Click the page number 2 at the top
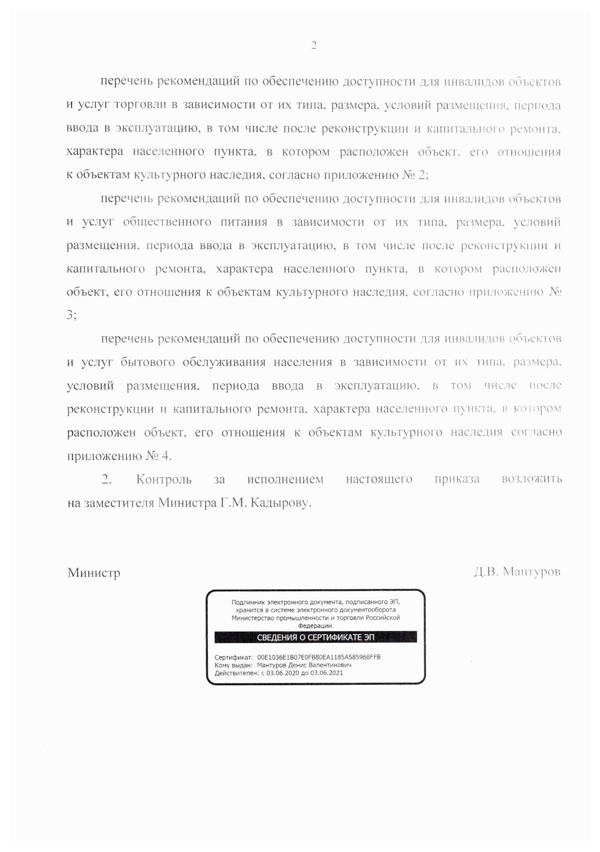(314, 46)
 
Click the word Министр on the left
(94, 573)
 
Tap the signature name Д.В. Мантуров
(517, 572)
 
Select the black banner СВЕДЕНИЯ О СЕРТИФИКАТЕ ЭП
(316, 637)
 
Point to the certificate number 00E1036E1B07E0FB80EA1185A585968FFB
(319, 657)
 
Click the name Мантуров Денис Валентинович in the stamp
(304, 665)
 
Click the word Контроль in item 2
(164, 479)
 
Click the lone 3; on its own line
(72, 315)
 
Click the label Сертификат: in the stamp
(234, 657)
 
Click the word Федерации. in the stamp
(316, 626)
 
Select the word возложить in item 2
(532, 479)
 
